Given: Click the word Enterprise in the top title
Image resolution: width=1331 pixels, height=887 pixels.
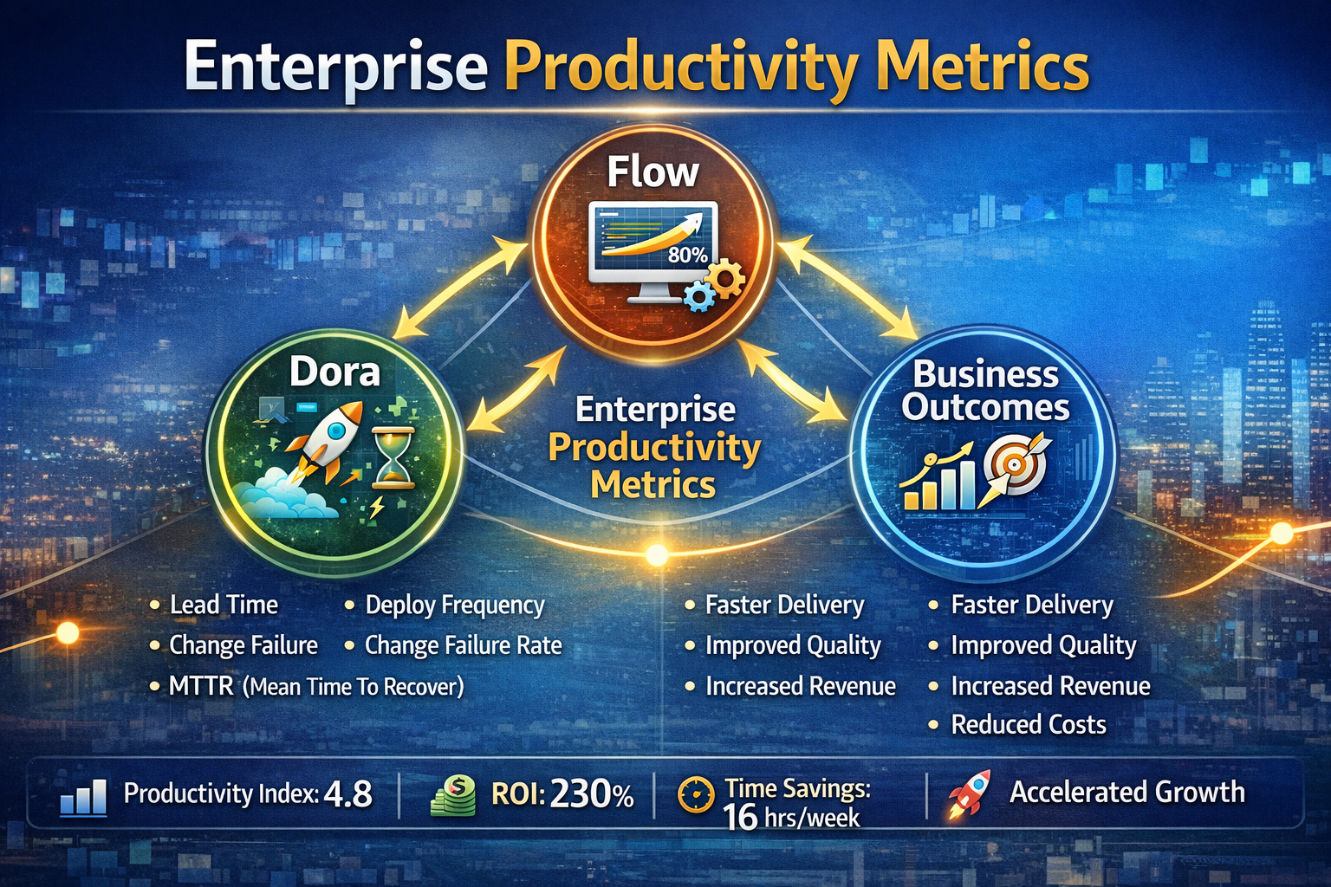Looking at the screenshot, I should click(335, 68).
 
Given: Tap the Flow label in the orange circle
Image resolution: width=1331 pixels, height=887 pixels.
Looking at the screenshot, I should click(652, 172).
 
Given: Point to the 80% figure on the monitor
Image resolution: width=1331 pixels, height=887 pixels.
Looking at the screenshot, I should click(687, 255).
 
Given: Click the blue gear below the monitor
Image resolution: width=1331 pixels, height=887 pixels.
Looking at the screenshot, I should click(698, 296).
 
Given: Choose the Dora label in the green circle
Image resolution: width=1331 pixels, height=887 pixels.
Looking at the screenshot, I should click(334, 372).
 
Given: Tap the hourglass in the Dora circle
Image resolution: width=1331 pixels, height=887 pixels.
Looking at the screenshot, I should click(393, 456).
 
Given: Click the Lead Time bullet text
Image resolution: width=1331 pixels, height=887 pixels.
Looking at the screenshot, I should click(224, 605).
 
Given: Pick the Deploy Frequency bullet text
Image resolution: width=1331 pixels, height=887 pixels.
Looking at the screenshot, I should click(454, 605).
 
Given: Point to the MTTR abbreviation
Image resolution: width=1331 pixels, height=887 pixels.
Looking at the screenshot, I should click(201, 686).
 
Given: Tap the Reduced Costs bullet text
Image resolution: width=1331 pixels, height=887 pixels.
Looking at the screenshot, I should click(1028, 724).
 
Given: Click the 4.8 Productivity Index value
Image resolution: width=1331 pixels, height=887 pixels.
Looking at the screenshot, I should click(347, 794).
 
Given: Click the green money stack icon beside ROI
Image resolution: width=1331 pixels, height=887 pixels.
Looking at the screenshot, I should click(454, 795).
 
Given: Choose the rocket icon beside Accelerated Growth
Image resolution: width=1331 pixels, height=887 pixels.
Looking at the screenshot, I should click(969, 793).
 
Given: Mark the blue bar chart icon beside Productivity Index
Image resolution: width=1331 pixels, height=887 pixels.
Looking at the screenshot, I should click(84, 797).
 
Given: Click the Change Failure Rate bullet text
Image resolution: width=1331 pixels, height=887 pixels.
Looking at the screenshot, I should click(463, 645).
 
